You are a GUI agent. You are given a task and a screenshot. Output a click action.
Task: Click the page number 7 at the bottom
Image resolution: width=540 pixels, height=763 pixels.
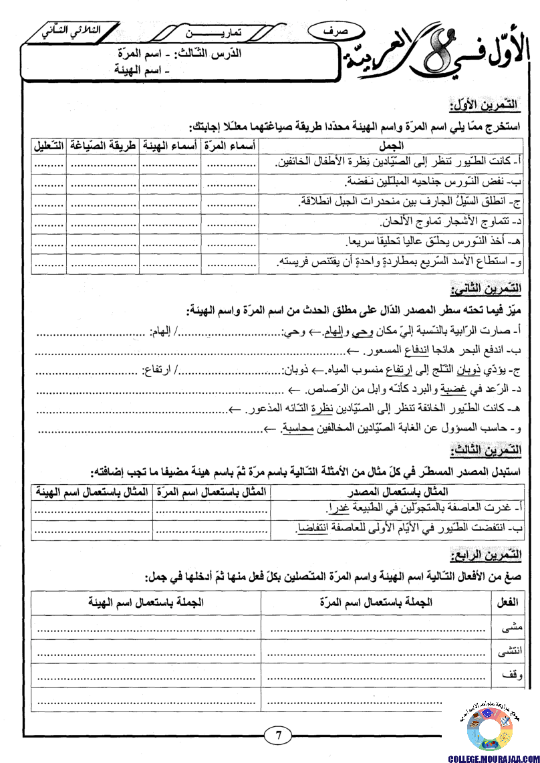278,736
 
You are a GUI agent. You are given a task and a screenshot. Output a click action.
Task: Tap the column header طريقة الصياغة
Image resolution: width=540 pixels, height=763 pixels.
102,145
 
